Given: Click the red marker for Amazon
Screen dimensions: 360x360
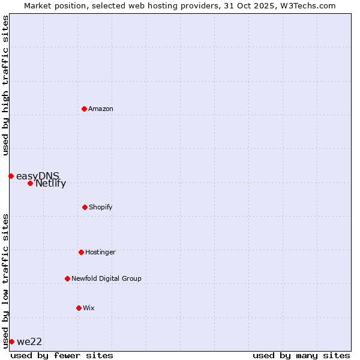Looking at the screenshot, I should point(84,109).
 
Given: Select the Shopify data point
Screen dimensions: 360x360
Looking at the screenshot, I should point(85,207).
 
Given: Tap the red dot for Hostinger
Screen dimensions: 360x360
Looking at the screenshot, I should point(81,252).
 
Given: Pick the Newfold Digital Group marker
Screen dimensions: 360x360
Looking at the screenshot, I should point(67,278).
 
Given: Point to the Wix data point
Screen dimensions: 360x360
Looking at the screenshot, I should point(79,308).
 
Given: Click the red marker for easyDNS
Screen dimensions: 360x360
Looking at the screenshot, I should point(11,176).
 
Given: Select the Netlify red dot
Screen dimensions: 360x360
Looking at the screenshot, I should point(30,183).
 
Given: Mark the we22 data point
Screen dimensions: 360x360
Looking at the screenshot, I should point(11,341).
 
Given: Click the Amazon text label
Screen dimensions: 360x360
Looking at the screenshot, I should point(101,109).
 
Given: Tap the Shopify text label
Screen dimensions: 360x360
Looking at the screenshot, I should point(101,207).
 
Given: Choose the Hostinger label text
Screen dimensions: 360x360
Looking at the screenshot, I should point(100,252).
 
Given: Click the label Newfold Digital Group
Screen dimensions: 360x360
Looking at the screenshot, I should point(107,278).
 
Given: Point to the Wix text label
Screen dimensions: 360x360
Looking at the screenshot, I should point(89,308).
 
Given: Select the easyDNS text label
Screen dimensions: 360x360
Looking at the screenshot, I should point(38,176).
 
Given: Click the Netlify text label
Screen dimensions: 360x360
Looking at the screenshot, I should point(50,184).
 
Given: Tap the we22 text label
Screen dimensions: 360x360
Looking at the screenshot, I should point(29,341).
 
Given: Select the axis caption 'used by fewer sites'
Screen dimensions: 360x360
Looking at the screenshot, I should point(62,355).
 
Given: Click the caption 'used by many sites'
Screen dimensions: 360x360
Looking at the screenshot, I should point(301,355).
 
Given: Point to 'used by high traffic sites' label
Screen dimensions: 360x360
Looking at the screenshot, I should point(5,85).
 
